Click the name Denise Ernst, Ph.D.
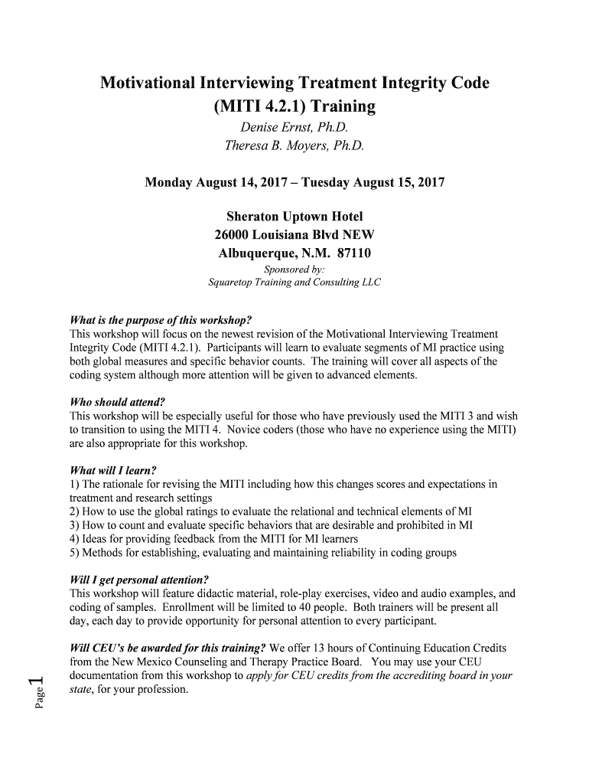click(x=294, y=127)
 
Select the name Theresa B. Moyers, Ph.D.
click(x=294, y=145)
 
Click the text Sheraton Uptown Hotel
click(x=294, y=217)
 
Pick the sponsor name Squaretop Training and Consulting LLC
click(x=294, y=283)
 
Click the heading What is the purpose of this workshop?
click(x=161, y=320)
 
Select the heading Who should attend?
click(x=117, y=402)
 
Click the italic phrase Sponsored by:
click(x=294, y=269)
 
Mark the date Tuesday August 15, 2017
click(x=373, y=183)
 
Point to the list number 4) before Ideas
click(x=74, y=539)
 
